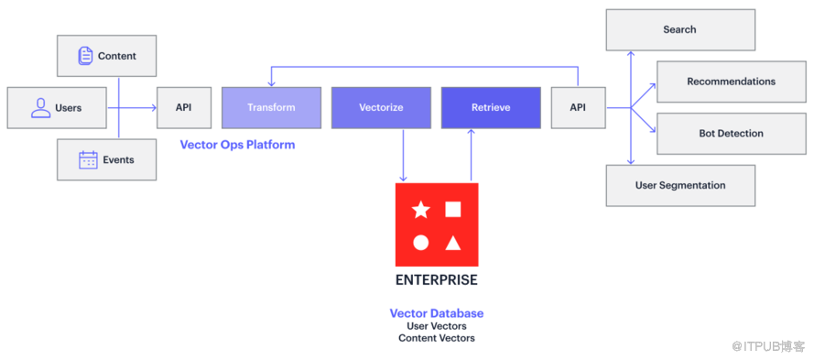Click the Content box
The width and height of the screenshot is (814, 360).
(x=106, y=56)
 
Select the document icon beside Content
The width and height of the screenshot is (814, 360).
(x=86, y=56)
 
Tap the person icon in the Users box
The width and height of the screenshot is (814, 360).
(x=41, y=107)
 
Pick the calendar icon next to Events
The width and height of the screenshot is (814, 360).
(x=88, y=159)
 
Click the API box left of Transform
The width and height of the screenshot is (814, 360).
(x=184, y=107)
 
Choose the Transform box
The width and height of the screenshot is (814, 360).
(x=271, y=107)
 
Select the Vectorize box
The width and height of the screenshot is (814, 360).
(x=381, y=107)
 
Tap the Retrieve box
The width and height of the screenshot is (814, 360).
(x=491, y=107)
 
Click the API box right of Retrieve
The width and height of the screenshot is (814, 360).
(x=578, y=107)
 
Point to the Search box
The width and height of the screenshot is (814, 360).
(x=680, y=29)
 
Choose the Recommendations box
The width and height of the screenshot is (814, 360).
(x=732, y=82)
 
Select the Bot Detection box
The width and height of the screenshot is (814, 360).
(x=732, y=134)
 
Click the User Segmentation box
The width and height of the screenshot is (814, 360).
(x=680, y=185)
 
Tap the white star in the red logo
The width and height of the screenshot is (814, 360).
(x=420, y=210)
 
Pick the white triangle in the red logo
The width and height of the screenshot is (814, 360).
(x=452, y=243)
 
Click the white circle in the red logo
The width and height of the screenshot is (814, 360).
(x=420, y=243)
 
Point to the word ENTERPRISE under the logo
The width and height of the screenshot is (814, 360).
(x=437, y=280)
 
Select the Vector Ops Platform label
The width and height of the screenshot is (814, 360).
(x=237, y=145)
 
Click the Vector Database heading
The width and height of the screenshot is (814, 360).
(x=437, y=313)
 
